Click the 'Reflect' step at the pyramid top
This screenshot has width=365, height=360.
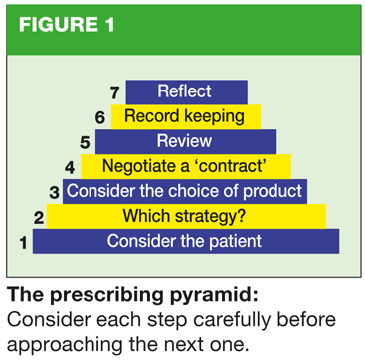point(186,91)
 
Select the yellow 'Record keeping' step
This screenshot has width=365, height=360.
point(186,117)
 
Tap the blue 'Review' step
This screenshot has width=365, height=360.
point(186,141)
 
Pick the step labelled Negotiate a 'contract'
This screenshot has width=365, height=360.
point(186,166)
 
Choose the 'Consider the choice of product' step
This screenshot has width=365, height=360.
point(185,191)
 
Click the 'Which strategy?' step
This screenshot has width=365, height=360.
point(186,216)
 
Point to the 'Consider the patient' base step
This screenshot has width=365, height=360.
point(186,241)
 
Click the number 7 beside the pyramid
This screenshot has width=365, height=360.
point(115,93)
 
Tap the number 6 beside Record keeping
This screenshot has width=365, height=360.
point(100,118)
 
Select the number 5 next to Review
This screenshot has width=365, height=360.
point(85,143)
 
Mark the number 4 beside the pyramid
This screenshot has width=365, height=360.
point(70,168)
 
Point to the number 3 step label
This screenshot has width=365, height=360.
point(54,193)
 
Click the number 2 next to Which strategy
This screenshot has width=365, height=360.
point(39,218)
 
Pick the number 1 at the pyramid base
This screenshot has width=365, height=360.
point(23,243)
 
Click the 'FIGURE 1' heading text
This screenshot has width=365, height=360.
point(67,25)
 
